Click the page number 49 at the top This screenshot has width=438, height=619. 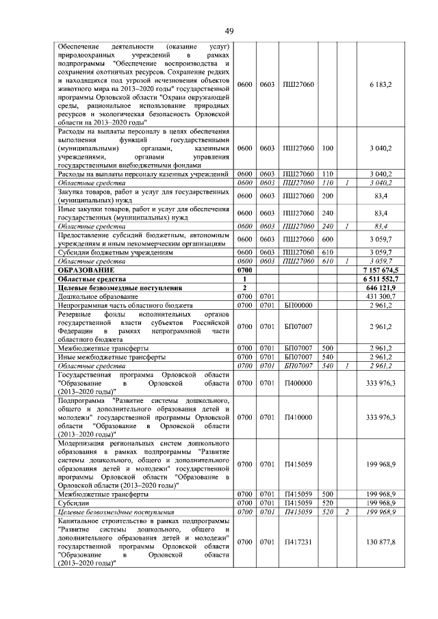[x=229, y=31]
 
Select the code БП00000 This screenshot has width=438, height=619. [x=298, y=304]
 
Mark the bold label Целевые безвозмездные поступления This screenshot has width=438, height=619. [x=114, y=288]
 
